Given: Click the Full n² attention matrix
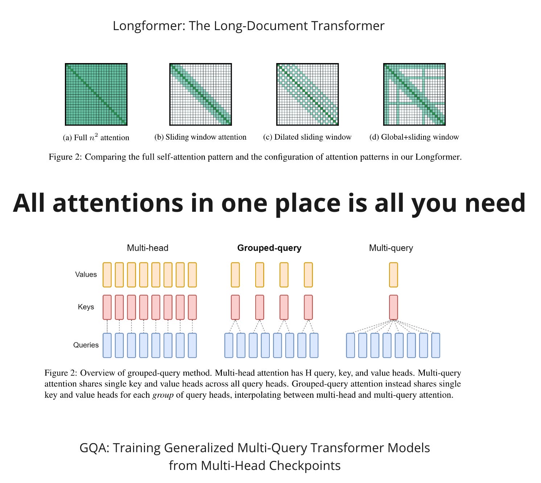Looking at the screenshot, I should (x=96, y=94).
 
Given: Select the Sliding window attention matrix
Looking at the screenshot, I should (x=201, y=94).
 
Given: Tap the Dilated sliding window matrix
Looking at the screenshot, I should (x=307, y=94).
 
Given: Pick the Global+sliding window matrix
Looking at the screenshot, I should (x=414, y=94).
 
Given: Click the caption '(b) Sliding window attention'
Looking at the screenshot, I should (x=200, y=137).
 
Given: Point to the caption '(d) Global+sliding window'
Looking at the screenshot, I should (x=414, y=137).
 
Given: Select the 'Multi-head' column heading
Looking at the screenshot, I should (x=148, y=248).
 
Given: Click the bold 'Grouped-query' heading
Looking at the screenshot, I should (x=269, y=248).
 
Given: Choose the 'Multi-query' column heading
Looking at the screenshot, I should (x=391, y=248).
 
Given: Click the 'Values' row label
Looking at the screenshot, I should (x=86, y=274).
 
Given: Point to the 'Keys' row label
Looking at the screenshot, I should (x=86, y=307).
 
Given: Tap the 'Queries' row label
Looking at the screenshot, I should (x=86, y=345).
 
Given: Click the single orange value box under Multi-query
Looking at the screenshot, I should (x=393, y=275).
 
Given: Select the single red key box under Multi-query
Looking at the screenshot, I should (x=393, y=307).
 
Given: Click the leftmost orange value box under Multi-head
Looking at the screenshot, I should (x=107, y=275).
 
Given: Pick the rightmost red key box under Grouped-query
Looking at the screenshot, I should (x=308, y=307).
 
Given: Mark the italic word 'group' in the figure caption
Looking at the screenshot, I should (x=163, y=395).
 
